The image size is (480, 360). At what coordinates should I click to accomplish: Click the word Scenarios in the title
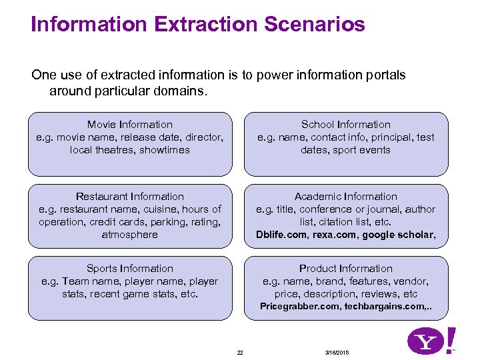315,25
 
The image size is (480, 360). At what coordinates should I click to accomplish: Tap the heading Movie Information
130,125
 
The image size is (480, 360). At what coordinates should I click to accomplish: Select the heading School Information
346,125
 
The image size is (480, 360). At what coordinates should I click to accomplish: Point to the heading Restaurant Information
130,197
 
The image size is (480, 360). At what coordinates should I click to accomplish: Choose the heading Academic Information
346,197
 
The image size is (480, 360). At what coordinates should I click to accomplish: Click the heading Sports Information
130,269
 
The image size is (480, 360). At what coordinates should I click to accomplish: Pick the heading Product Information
346,269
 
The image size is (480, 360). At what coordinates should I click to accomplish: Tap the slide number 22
240,352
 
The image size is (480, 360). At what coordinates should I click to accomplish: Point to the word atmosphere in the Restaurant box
130,235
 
